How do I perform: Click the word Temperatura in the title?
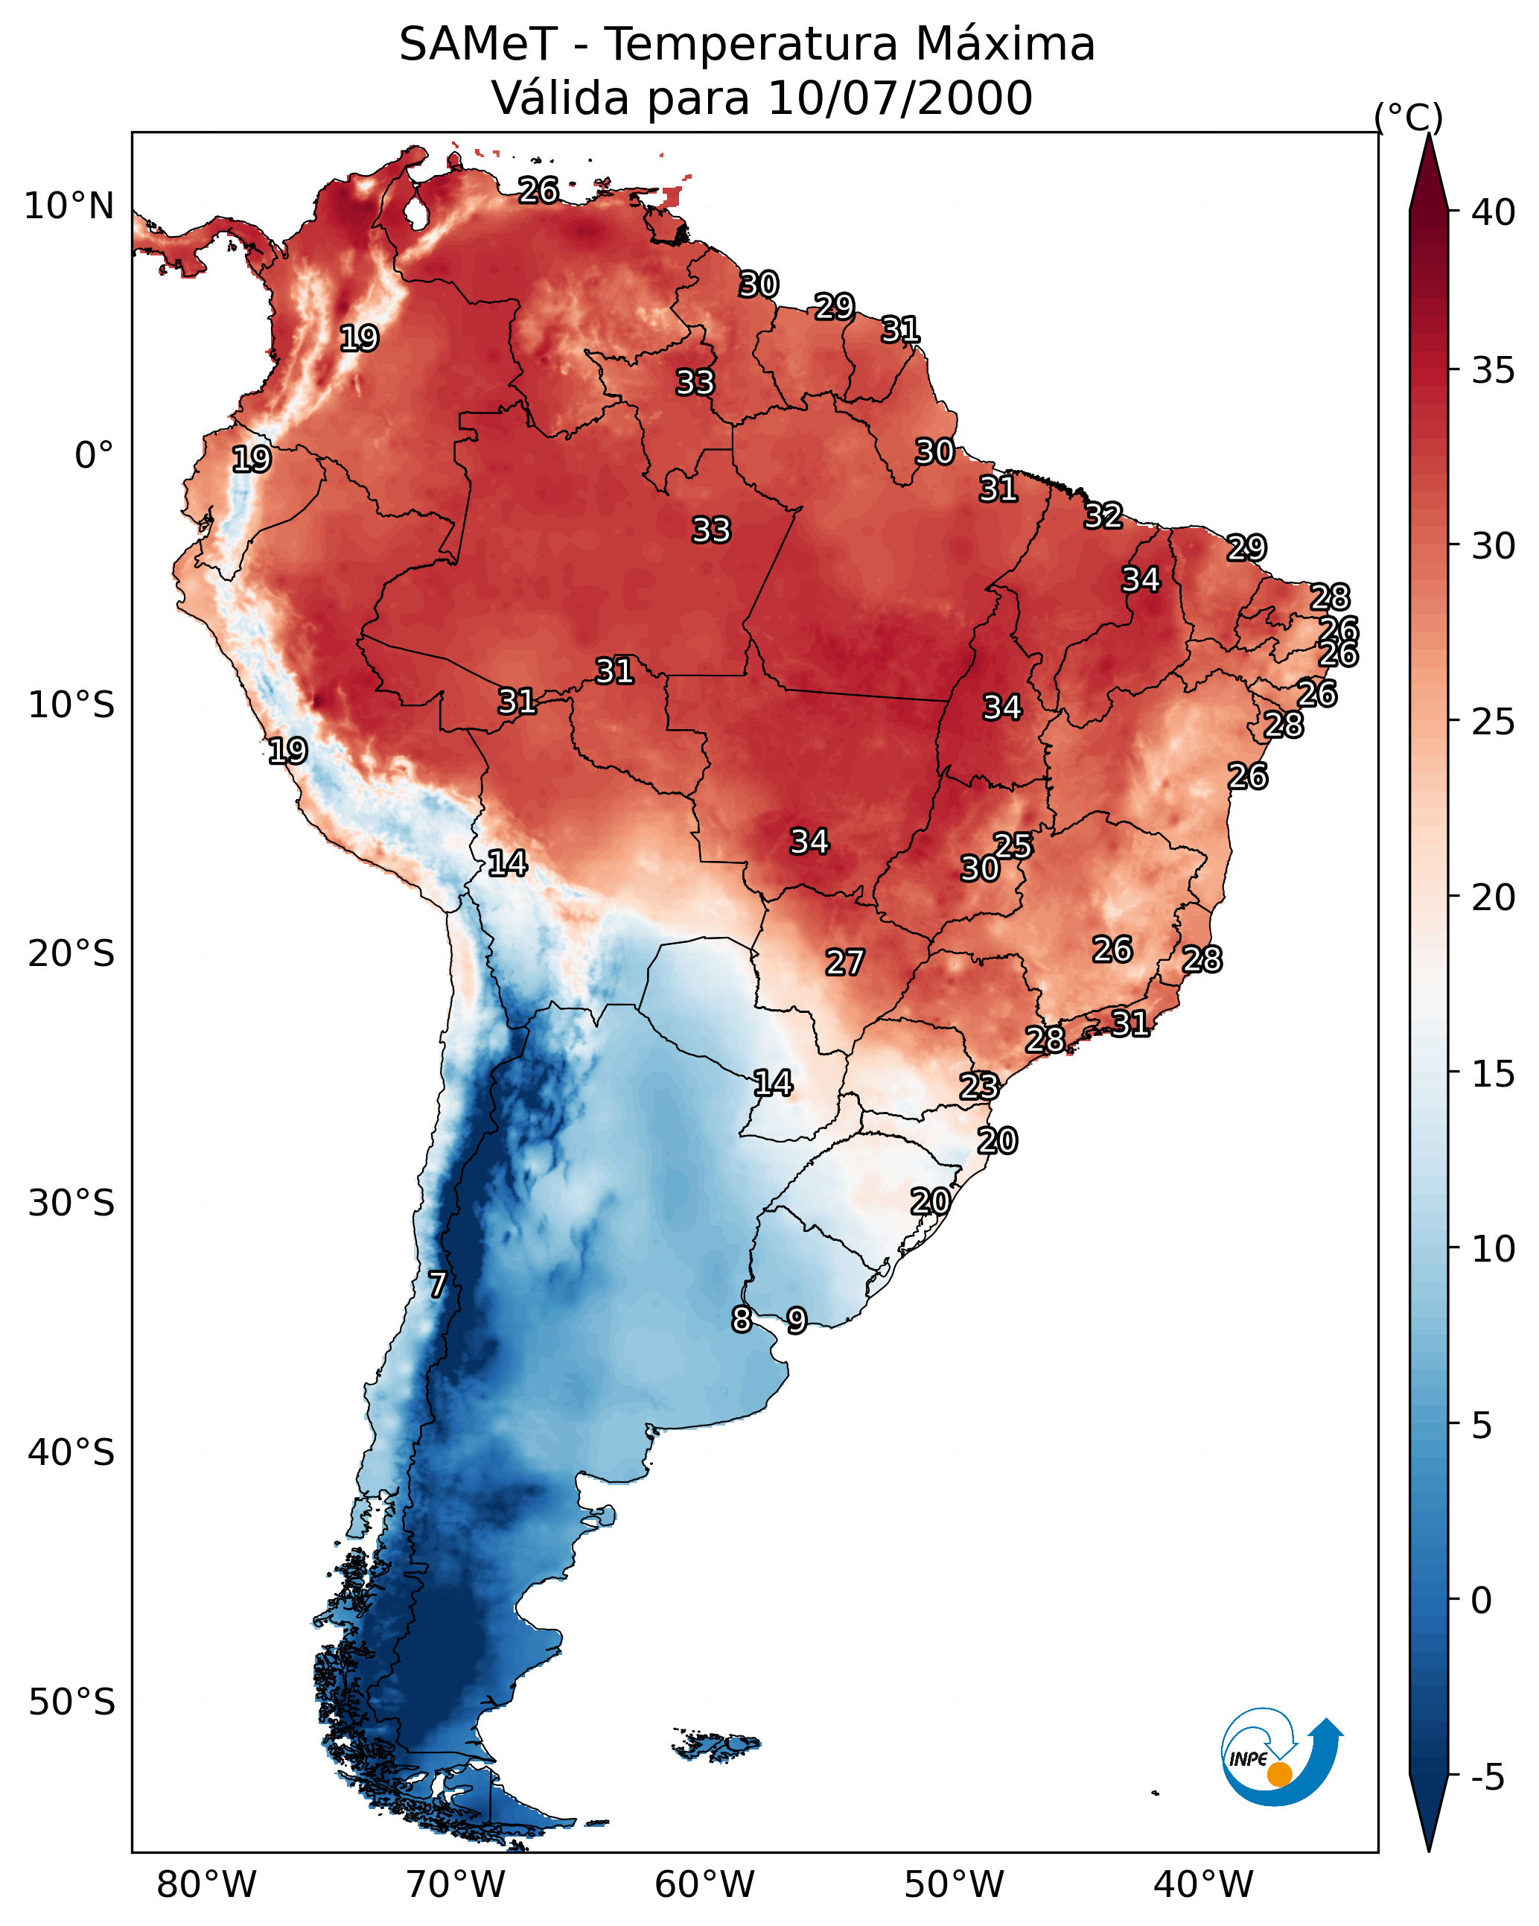(751, 45)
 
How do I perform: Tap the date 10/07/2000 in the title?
(899, 98)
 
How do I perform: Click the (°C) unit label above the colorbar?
(1408, 117)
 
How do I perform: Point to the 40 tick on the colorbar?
(1494, 212)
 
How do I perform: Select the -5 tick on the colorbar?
(1487, 1778)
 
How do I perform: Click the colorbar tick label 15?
(1494, 1074)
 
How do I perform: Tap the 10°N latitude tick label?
(68, 206)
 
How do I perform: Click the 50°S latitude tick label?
(71, 1703)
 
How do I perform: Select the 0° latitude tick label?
(94, 456)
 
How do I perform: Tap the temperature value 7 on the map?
(437, 1285)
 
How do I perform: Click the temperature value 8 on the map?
(742, 1320)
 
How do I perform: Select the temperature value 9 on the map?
(797, 1320)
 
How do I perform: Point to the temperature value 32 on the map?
(1103, 515)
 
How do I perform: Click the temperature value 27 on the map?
(844, 963)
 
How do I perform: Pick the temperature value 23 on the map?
(979, 1087)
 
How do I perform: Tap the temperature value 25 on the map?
(1013, 845)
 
